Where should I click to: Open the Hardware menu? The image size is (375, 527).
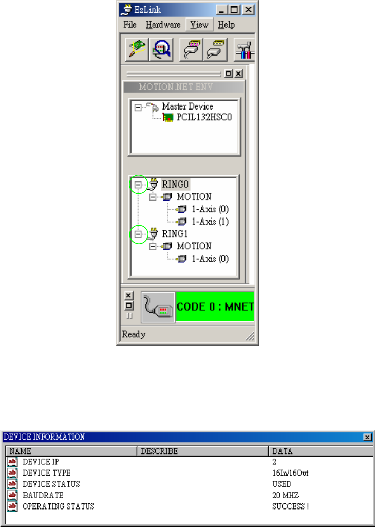click(x=163, y=25)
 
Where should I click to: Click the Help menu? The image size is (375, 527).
click(x=226, y=25)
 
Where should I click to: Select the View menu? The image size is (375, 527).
click(x=199, y=25)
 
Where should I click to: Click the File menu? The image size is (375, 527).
click(x=130, y=25)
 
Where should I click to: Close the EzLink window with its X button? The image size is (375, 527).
click(x=248, y=10)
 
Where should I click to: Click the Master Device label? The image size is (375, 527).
click(x=188, y=106)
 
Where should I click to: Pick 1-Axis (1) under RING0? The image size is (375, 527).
click(x=210, y=222)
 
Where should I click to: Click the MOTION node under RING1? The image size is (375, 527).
click(x=194, y=246)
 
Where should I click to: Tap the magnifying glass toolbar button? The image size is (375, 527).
click(x=161, y=50)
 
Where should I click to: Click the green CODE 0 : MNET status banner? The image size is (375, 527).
click(x=215, y=306)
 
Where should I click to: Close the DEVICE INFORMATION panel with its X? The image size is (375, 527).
click(x=367, y=437)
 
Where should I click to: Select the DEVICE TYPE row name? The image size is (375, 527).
click(x=46, y=473)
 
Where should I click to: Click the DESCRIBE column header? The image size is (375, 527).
click(x=159, y=451)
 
